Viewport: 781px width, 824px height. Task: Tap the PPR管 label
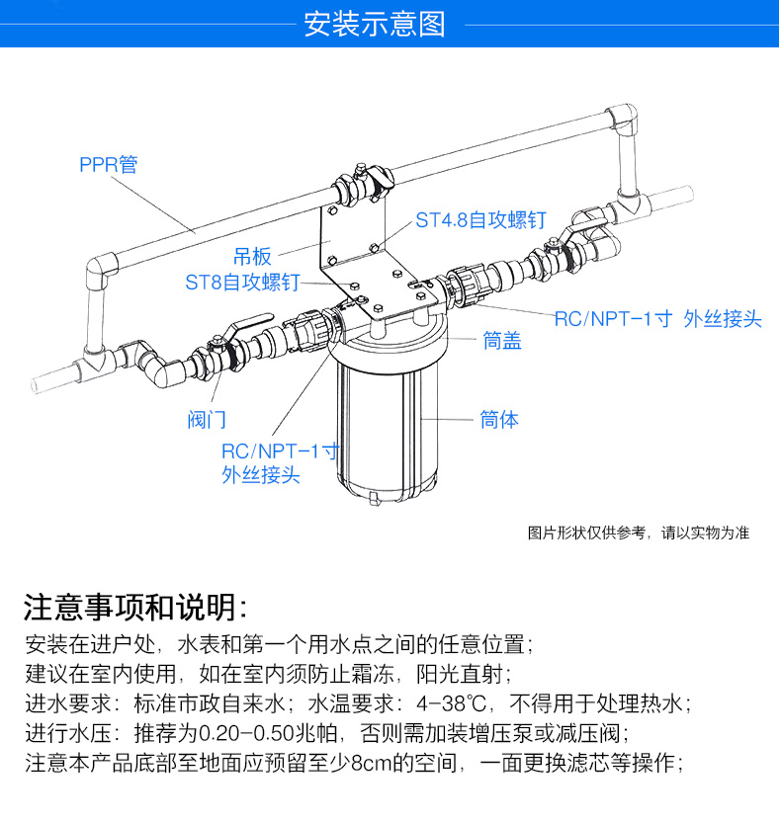[108, 164]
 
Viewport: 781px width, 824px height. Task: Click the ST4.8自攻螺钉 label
[479, 220]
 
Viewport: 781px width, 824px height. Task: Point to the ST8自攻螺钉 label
[242, 283]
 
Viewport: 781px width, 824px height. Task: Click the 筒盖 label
[502, 342]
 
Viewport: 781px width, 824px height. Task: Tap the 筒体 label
[499, 420]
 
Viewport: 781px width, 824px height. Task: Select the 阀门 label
[207, 420]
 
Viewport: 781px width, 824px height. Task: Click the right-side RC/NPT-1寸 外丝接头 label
[657, 318]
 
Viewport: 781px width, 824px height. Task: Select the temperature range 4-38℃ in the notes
[458, 704]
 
